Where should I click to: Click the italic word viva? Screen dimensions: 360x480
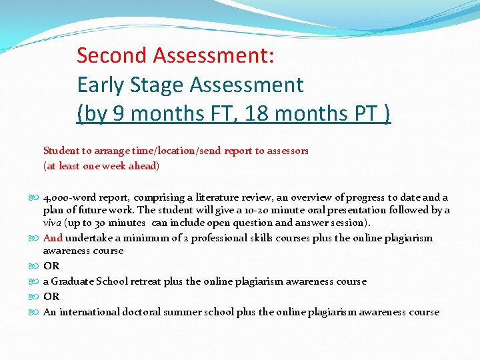point(53,223)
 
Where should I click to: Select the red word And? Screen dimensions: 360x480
point(53,238)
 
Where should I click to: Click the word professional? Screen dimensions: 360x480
point(216,238)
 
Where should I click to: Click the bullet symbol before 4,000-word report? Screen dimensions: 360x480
point(36,198)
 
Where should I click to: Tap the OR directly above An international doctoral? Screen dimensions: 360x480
point(51,297)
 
